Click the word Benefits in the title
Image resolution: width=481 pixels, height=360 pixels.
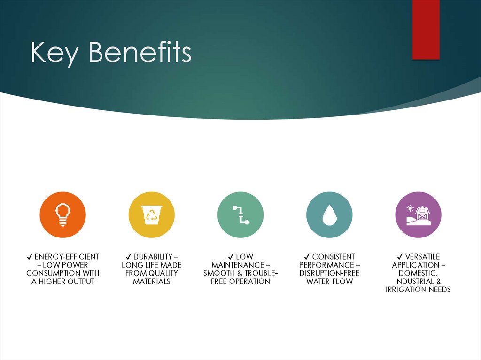(x=140, y=53)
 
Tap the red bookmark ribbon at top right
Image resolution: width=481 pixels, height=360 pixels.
(x=426, y=29)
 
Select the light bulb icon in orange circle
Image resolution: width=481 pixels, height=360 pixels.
(x=63, y=214)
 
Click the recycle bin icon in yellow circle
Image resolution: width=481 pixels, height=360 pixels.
(x=151, y=214)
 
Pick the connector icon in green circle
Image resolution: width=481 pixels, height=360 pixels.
(x=240, y=214)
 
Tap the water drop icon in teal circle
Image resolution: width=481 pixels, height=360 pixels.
(x=329, y=214)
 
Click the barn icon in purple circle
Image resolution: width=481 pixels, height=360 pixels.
(x=418, y=214)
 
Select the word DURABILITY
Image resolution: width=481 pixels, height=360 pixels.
(x=149, y=257)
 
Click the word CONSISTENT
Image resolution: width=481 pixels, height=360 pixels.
(x=334, y=257)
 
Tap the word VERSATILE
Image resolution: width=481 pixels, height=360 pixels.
(x=422, y=257)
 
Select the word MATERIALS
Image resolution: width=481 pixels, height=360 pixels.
(x=151, y=282)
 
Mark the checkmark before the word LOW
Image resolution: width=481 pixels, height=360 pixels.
(x=231, y=257)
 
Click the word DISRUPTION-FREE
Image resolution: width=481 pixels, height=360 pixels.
(x=329, y=273)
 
